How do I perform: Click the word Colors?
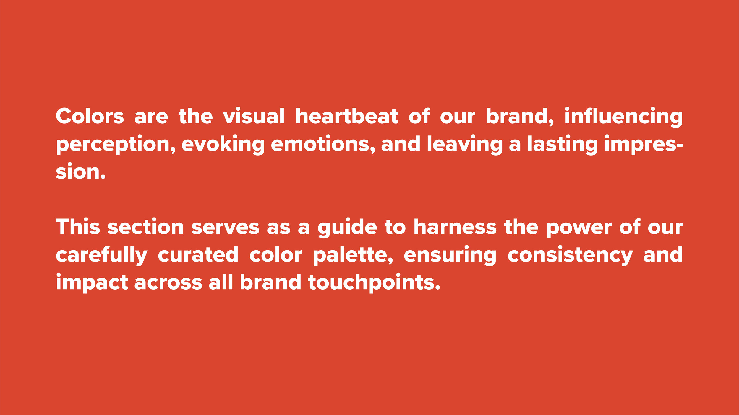[x=90, y=116]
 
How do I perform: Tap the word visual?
[x=254, y=116]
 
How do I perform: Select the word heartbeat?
[x=347, y=116]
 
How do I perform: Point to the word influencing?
[x=623, y=117]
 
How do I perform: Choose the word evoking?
[x=223, y=144]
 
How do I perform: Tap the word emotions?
[x=323, y=144]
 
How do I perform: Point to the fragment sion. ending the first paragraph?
[x=81, y=171]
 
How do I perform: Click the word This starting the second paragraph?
[x=78, y=227]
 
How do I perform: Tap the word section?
[x=145, y=227]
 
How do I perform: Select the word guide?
[x=347, y=228]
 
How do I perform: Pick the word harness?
[x=455, y=227]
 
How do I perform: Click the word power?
[x=579, y=228]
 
